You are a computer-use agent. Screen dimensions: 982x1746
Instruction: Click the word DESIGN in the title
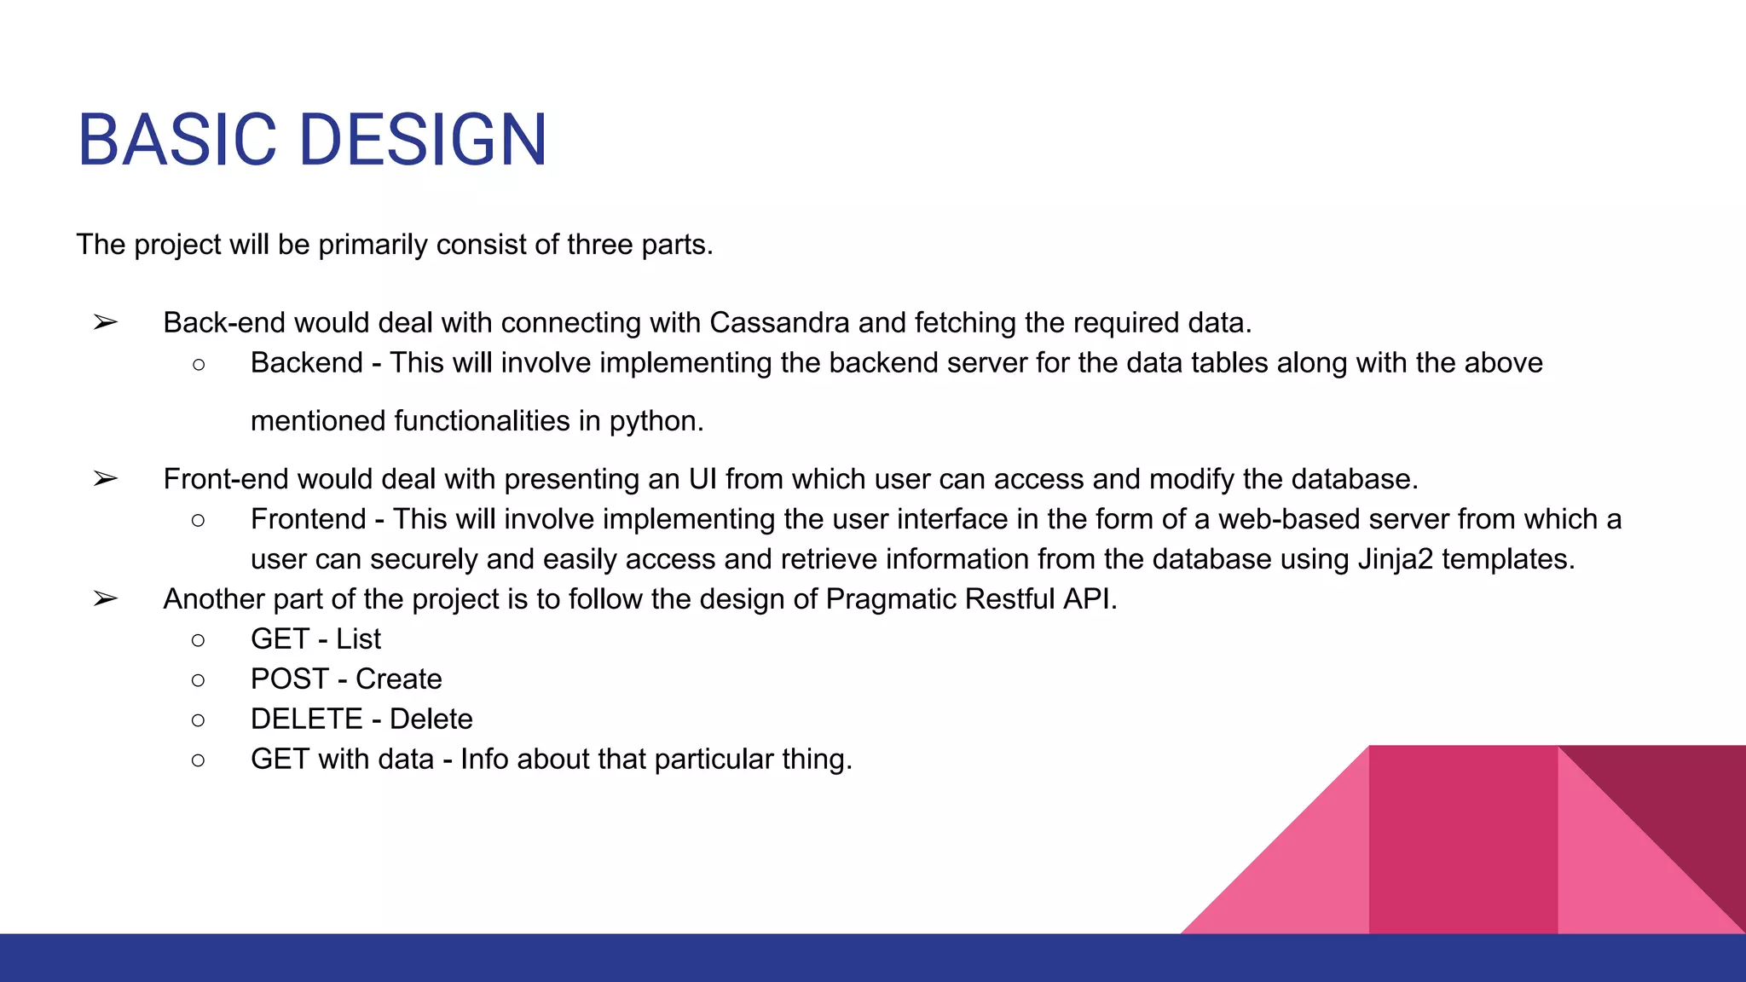click(x=423, y=140)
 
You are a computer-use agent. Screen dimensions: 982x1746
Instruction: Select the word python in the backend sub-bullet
click(x=654, y=422)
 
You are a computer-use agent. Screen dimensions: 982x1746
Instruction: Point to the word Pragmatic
click(x=892, y=599)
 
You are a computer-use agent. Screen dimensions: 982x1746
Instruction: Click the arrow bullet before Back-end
click(x=106, y=323)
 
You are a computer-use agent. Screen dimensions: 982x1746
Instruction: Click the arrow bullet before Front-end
click(x=106, y=479)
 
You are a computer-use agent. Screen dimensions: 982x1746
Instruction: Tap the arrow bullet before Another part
click(x=106, y=599)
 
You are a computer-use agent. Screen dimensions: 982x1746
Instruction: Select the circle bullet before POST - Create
click(x=199, y=680)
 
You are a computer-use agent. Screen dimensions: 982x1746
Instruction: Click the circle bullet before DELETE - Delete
click(x=199, y=720)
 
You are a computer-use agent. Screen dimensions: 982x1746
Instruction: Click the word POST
click(x=290, y=679)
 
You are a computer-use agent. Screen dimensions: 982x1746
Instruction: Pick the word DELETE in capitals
click(x=307, y=719)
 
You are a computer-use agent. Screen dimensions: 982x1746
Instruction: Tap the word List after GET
click(x=358, y=639)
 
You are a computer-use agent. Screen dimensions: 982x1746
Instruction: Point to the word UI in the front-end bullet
click(x=702, y=479)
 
